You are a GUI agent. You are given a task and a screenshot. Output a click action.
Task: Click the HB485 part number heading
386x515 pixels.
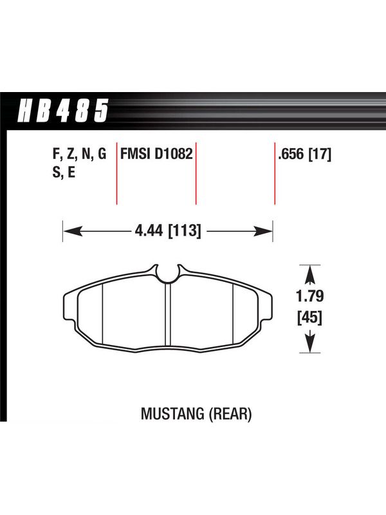coord(62,111)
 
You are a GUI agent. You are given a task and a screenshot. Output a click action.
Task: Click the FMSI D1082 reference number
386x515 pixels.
coord(156,154)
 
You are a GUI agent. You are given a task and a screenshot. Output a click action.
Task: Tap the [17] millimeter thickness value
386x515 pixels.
coord(320,154)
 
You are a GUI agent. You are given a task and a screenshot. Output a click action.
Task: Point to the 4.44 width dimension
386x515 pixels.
coord(149,231)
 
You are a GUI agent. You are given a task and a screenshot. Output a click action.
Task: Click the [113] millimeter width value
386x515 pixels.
coord(184,231)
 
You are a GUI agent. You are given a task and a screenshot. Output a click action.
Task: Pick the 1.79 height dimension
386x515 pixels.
coord(310,296)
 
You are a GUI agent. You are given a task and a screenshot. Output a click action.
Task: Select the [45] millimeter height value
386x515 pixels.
coord(310,317)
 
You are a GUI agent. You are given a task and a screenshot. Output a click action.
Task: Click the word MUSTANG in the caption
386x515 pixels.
coord(172,414)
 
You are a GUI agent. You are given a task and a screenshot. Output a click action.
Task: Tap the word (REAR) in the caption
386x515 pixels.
coord(230,414)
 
